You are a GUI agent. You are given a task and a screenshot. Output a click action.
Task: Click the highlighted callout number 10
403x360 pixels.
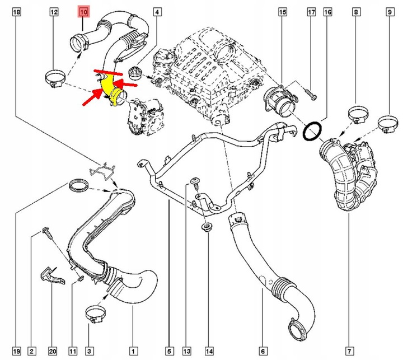[83, 12]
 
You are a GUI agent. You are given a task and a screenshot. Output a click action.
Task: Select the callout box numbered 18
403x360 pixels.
[16, 12]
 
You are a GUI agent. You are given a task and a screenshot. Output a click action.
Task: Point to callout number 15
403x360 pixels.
[282, 12]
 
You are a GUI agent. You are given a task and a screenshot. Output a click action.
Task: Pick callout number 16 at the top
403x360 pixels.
[327, 12]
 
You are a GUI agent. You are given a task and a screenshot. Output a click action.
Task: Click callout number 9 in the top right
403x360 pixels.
[356, 12]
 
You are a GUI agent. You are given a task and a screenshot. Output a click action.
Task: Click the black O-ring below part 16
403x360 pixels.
[312, 132]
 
